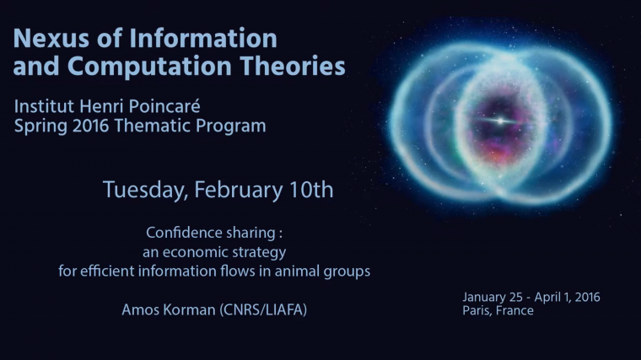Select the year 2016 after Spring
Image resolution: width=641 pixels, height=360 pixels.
(x=90, y=127)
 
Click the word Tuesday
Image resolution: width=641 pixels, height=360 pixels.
(x=145, y=191)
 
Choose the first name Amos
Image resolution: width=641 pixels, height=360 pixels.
(x=139, y=311)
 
